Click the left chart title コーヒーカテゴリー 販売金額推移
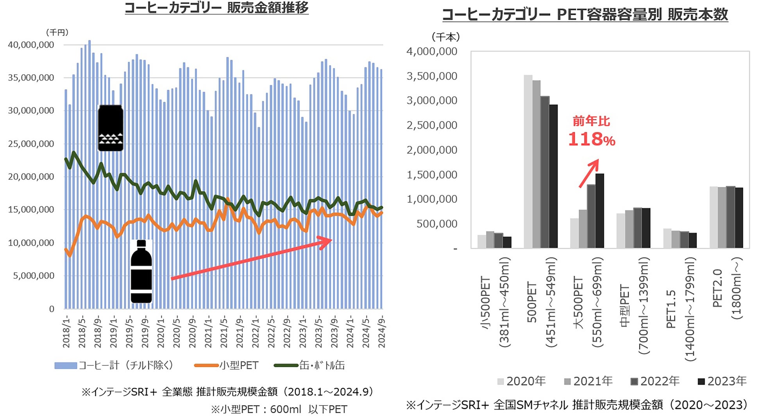pyautogui.click(x=216, y=7)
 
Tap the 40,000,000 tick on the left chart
pyautogui.click(x=31, y=45)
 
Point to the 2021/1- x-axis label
pyautogui.click(x=208, y=332)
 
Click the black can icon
pyautogui.click(x=111, y=128)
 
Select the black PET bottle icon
pyautogui.click(x=141, y=272)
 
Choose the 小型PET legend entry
pyautogui.click(x=227, y=365)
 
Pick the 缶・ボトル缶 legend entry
pyautogui.click(x=309, y=365)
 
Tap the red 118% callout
pyautogui.click(x=591, y=140)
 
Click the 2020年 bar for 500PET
pyautogui.click(x=528, y=161)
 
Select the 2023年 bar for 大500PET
pyautogui.click(x=599, y=211)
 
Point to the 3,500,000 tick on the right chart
pyautogui.click(x=432, y=76)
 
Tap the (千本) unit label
pyautogui.click(x=445, y=38)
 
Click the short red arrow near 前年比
pyautogui.click(x=589, y=173)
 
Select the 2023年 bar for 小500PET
pyautogui.click(x=507, y=242)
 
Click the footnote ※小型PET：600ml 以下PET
pyautogui.click(x=279, y=409)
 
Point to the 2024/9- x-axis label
pyautogui.click(x=381, y=332)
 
